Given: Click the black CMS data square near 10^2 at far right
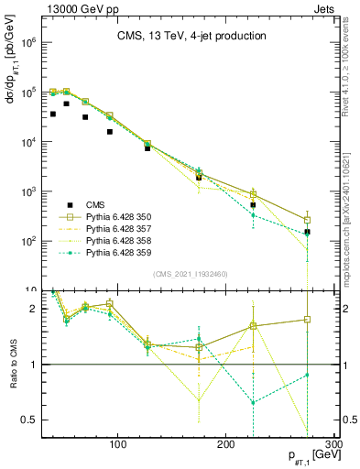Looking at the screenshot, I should pyautogui.click(x=308, y=233).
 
